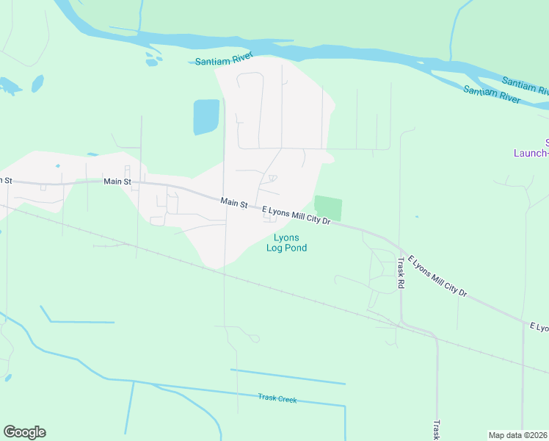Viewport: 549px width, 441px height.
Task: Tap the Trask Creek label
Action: (277, 398)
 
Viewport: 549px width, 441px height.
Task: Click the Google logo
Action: (24, 432)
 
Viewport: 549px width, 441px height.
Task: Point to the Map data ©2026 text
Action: (518, 435)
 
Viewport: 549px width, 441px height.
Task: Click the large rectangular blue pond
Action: (206, 117)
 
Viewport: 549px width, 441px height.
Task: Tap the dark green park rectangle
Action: (328, 208)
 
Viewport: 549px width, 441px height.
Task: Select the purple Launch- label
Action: (530, 153)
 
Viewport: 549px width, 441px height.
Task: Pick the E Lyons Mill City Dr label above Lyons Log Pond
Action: (297, 215)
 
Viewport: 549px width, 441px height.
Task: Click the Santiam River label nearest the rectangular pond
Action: (224, 60)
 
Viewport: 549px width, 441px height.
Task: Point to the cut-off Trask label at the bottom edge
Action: (435, 429)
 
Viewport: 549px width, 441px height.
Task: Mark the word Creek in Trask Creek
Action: (287, 399)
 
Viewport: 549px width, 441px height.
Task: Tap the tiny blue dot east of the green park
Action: (416, 217)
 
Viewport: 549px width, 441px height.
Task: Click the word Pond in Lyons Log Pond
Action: (296, 248)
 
